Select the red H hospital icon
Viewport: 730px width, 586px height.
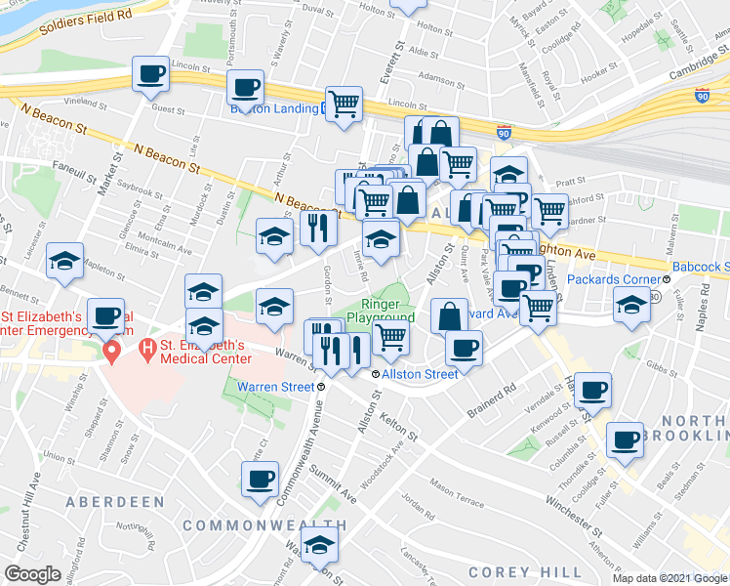click(x=147, y=347)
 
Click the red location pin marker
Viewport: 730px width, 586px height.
click(x=113, y=351)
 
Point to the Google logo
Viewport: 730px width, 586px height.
click(x=33, y=574)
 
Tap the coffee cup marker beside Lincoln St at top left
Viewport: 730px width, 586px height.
click(x=151, y=74)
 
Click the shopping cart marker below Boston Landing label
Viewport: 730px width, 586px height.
click(x=344, y=103)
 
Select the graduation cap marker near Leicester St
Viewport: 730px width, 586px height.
click(x=65, y=261)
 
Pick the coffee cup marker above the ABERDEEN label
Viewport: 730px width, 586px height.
click(x=260, y=480)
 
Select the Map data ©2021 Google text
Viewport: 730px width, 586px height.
click(x=669, y=578)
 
